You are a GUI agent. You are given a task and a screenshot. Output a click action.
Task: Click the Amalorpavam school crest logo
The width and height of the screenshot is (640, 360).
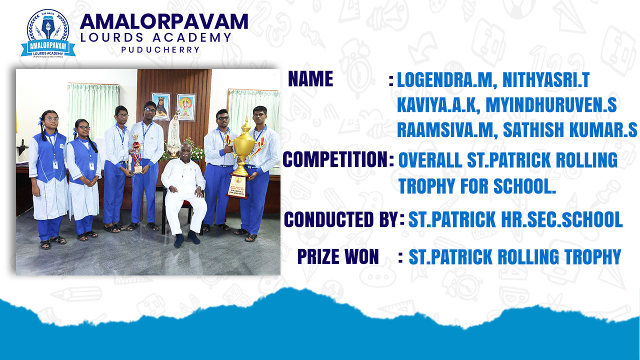(x=48, y=33)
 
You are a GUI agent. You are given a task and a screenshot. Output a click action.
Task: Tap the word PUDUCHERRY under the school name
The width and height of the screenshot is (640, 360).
(x=160, y=49)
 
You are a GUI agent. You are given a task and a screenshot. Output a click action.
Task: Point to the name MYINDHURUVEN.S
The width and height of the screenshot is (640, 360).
(x=551, y=105)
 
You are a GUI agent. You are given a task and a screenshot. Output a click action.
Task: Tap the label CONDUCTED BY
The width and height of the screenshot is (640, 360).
(x=341, y=219)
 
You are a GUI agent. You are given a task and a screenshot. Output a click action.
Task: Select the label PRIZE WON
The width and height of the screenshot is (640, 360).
(x=338, y=256)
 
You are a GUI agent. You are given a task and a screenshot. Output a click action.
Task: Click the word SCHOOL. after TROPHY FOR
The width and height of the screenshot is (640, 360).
(x=525, y=185)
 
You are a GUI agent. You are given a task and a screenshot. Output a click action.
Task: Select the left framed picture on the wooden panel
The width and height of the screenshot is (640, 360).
(x=161, y=106)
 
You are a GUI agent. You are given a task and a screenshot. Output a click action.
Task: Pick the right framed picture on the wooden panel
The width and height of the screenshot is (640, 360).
(x=186, y=107)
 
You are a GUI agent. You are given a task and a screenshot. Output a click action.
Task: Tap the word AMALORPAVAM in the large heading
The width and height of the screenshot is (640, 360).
(x=164, y=21)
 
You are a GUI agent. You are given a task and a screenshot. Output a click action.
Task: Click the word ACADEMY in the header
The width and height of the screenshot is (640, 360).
(x=191, y=37)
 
